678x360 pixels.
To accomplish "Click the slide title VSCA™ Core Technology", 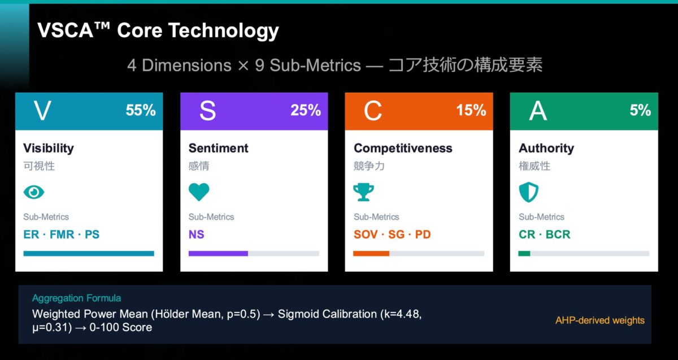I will pyautogui.click(x=158, y=31).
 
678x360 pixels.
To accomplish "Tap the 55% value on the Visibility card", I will pyautogui.click(x=141, y=110).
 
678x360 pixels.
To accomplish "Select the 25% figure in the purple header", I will pyautogui.click(x=306, y=110).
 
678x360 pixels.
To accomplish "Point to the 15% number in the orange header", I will pyautogui.click(x=471, y=110).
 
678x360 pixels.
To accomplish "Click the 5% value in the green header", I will pyautogui.click(x=640, y=110).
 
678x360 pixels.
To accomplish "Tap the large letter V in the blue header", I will pyautogui.click(x=42, y=111).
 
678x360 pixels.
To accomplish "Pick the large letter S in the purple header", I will pyautogui.click(x=207, y=111).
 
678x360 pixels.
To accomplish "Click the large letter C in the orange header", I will pyautogui.click(x=372, y=111).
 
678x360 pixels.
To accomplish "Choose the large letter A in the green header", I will pyautogui.click(x=537, y=111).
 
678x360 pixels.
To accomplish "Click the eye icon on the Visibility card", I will pyautogui.click(x=33, y=192).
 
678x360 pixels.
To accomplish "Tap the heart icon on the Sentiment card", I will pyautogui.click(x=199, y=192).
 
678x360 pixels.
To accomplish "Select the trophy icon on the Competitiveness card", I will pyautogui.click(x=364, y=192).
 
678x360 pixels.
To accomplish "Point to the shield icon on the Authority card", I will pyautogui.click(x=529, y=192).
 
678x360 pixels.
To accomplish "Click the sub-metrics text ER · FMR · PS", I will pyautogui.click(x=61, y=234).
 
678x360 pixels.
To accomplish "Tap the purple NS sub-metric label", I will pyautogui.click(x=197, y=234).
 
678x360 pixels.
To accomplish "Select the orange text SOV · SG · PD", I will pyautogui.click(x=392, y=234).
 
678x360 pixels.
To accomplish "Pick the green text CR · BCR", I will pyautogui.click(x=545, y=234).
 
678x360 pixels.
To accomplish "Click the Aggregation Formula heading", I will pyautogui.click(x=76, y=298).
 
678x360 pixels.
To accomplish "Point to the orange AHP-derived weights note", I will pyautogui.click(x=599, y=320).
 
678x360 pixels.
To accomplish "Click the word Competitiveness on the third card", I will pyautogui.click(x=403, y=148).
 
